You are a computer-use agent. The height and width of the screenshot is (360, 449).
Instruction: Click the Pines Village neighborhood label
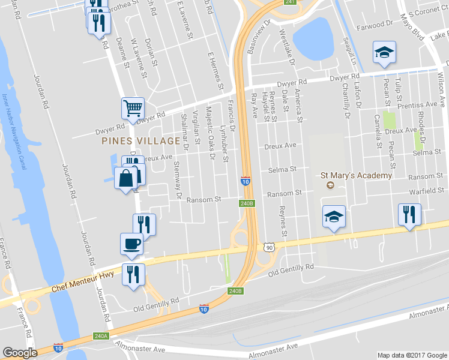click(142, 141)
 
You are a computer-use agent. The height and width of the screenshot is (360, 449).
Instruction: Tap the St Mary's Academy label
click(357, 176)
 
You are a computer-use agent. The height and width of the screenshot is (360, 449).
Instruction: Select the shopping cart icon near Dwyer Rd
click(133, 108)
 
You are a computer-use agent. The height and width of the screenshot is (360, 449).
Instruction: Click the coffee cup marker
click(132, 243)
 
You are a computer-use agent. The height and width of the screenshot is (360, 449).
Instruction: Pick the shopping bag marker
click(125, 178)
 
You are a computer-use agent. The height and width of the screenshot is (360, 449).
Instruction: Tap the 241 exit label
click(291, 2)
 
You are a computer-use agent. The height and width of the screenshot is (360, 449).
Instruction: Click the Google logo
click(20, 353)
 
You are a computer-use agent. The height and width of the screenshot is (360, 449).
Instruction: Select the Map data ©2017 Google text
click(412, 355)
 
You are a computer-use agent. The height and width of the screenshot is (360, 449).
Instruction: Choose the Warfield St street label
click(426, 191)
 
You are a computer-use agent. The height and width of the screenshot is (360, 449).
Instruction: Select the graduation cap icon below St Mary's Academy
click(334, 216)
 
